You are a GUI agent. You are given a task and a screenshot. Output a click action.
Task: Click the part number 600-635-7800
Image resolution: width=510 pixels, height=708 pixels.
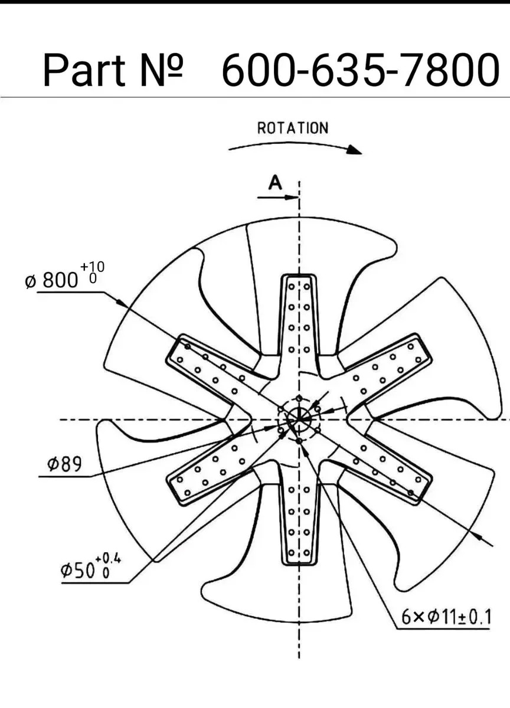click(361, 70)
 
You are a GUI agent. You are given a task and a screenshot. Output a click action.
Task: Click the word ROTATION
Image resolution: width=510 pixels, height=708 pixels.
click(293, 128)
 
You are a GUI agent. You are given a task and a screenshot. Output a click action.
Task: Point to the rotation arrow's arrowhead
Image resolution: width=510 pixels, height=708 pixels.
click(355, 149)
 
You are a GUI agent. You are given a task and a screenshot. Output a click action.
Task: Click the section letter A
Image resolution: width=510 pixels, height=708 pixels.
click(275, 182)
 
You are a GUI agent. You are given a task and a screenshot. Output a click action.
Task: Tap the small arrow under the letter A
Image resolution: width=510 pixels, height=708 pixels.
click(277, 198)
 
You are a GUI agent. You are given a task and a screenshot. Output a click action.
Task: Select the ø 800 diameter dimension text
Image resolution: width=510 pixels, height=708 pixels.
click(51, 280)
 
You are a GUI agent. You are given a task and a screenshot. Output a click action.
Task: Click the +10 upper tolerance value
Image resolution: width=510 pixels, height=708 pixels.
click(92, 267)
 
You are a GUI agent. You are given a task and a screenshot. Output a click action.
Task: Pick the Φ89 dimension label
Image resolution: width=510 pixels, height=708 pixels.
click(64, 464)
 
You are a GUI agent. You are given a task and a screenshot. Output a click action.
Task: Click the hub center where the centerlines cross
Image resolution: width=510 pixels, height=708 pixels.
click(299, 419)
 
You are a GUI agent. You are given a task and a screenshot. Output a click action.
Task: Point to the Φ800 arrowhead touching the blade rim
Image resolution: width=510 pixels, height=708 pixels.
click(122, 303)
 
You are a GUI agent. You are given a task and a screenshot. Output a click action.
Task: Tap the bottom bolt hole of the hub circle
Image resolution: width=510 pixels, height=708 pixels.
click(299, 441)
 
